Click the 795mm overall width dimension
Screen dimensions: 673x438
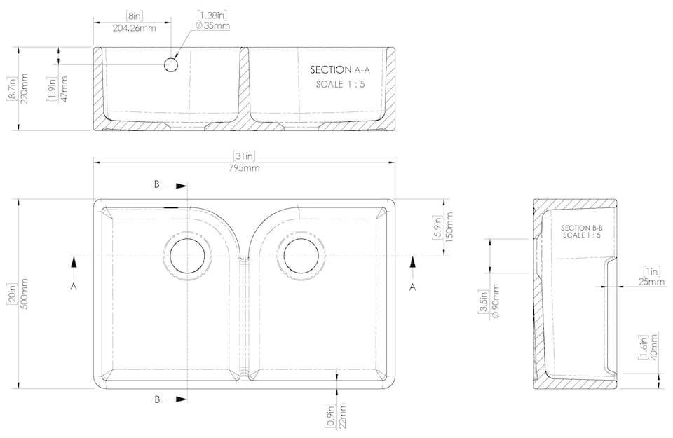[244, 168]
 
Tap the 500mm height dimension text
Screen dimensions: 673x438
[24, 294]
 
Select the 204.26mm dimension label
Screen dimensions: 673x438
[135, 28]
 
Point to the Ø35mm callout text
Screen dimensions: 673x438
[212, 25]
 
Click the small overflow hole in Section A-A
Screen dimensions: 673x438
[171, 65]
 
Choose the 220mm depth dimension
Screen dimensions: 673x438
[24, 88]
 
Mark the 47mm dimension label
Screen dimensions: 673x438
[64, 89]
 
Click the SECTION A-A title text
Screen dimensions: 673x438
[340, 69]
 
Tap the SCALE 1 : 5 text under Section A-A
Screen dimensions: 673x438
[341, 84]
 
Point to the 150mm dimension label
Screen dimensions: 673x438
[449, 227]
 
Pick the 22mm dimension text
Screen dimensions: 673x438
[342, 416]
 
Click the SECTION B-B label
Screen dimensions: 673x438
[582, 228]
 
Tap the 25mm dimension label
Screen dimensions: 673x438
[651, 282]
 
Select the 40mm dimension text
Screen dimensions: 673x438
[653, 348]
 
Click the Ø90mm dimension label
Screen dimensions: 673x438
[495, 301]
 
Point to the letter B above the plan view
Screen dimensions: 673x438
[157, 184]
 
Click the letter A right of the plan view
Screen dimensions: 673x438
[412, 287]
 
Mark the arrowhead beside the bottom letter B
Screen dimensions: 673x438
[182, 399]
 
